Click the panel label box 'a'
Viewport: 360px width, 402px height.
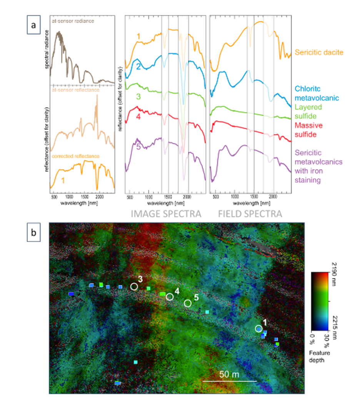tap(33, 25)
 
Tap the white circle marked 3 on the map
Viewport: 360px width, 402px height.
tap(134, 286)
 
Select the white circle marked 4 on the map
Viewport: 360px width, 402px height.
tap(170, 297)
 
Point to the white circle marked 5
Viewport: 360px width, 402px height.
tap(188, 303)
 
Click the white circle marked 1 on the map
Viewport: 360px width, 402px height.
tap(258, 329)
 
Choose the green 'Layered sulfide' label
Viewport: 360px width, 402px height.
tap(308, 111)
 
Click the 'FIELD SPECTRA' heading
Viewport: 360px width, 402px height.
tap(250, 213)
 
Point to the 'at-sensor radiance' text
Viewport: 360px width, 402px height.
tap(72, 21)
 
